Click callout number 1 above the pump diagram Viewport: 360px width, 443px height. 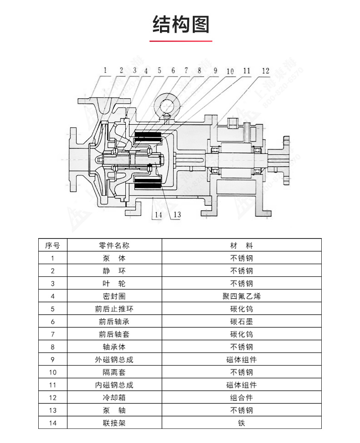tap(105, 70)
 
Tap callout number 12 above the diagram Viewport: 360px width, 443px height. tap(266, 71)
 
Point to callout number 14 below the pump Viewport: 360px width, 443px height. tap(158, 215)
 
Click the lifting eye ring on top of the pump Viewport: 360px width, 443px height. tap(167, 104)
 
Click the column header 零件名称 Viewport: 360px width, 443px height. tap(114, 245)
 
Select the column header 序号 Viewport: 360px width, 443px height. tap(52, 245)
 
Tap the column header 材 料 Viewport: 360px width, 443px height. tap(242, 245)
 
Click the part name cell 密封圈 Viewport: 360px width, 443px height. tap(114, 296)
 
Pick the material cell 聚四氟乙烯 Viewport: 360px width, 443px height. tap(242, 296)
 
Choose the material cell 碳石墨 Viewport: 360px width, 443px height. tap(242, 321)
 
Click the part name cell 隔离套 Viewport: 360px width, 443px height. tap(114, 372)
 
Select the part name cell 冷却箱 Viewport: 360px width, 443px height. tap(114, 397)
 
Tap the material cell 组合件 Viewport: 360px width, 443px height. tap(242, 397)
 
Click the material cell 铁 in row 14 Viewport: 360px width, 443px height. tap(242, 423)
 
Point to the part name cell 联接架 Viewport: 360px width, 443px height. tap(114, 423)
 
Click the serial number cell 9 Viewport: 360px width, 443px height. tap(52, 360)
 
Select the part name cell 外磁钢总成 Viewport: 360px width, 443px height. tap(114, 360)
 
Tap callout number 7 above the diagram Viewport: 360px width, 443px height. tap(186, 71)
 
